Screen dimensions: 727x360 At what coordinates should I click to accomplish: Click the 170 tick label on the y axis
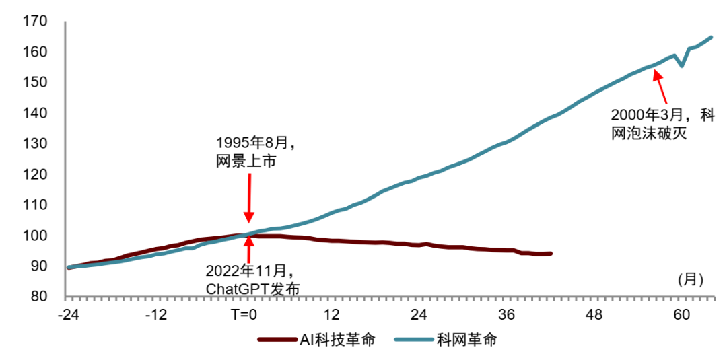34,22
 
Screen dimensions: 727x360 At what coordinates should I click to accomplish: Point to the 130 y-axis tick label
34,143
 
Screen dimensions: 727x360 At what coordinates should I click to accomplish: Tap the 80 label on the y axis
38,297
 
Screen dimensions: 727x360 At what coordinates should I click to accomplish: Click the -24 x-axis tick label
68,316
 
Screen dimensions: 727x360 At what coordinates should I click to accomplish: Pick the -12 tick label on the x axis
155,316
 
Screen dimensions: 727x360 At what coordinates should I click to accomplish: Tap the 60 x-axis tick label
681,316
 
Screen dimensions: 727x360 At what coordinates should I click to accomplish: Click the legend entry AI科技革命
316,340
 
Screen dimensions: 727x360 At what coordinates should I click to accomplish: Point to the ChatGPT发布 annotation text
252,288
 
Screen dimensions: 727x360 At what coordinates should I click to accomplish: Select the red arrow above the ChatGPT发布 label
250,250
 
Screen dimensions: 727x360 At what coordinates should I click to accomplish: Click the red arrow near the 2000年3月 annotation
660,87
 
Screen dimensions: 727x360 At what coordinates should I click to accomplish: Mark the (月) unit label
691,281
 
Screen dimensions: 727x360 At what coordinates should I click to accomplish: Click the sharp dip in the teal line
681,66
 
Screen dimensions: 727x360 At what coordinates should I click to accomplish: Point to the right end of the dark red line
551,254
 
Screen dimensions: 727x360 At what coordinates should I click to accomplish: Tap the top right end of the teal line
712,37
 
